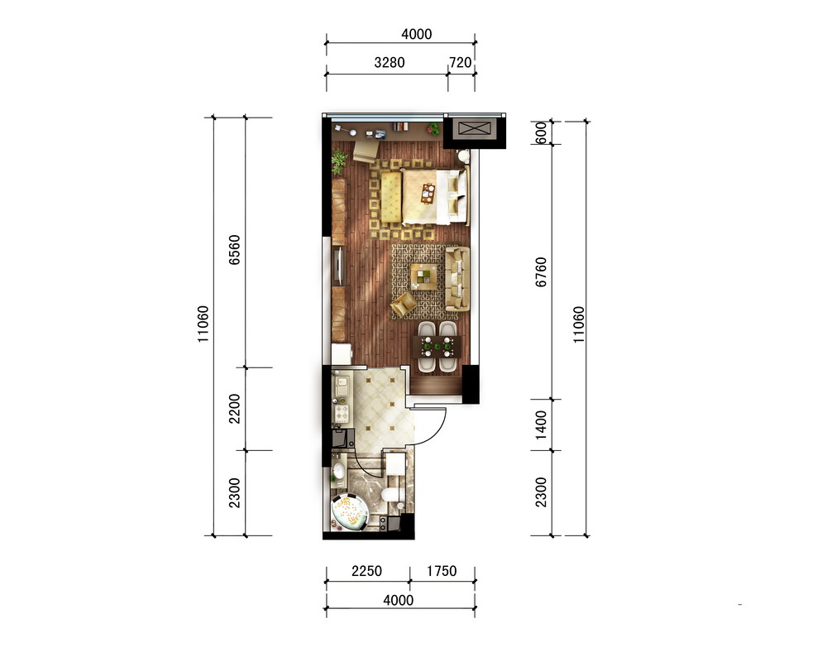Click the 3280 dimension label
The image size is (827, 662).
tap(390, 62)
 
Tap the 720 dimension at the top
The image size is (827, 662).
tap(460, 62)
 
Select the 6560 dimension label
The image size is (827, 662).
tap(234, 250)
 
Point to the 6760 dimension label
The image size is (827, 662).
tap(541, 272)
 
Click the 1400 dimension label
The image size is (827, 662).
tap(541, 425)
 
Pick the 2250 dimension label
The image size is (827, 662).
tap(366, 571)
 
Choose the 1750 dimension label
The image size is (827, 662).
tap(442, 571)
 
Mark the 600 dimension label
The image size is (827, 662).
tap(541, 132)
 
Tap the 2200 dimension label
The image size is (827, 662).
tap(234, 409)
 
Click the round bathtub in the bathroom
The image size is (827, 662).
tap(349, 511)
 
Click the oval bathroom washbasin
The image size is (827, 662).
tap(338, 471)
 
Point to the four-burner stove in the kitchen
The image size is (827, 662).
tap(342, 412)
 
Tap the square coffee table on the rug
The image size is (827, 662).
tap(424, 276)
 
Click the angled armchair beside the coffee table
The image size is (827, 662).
tap(404, 305)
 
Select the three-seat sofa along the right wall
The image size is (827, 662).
tap(457, 279)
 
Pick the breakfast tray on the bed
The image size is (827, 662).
tap(428, 193)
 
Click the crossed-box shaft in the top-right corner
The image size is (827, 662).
tap(471, 128)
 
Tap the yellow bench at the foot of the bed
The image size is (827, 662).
tap(391, 198)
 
